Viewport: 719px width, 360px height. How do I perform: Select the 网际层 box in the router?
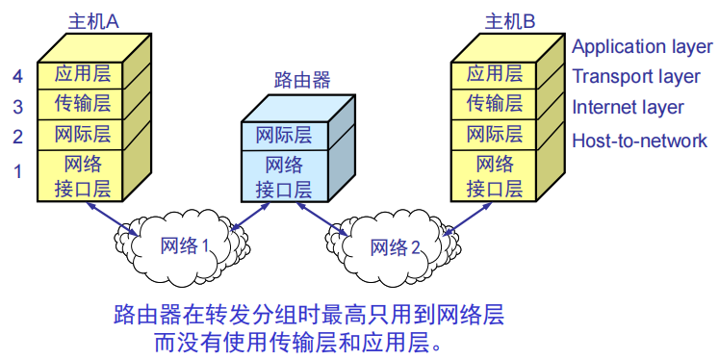[283, 136]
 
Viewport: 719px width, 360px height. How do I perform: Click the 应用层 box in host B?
[495, 74]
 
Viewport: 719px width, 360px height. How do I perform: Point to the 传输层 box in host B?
[495, 104]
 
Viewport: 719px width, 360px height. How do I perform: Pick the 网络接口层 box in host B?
[495, 175]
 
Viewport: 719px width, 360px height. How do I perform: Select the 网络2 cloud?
[395, 247]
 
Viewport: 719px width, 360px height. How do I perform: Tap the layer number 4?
[16, 75]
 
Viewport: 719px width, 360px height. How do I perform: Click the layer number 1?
[16, 172]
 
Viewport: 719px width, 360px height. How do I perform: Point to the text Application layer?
[641, 46]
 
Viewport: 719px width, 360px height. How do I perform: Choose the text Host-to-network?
[639, 141]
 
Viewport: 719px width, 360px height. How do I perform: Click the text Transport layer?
[636, 76]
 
